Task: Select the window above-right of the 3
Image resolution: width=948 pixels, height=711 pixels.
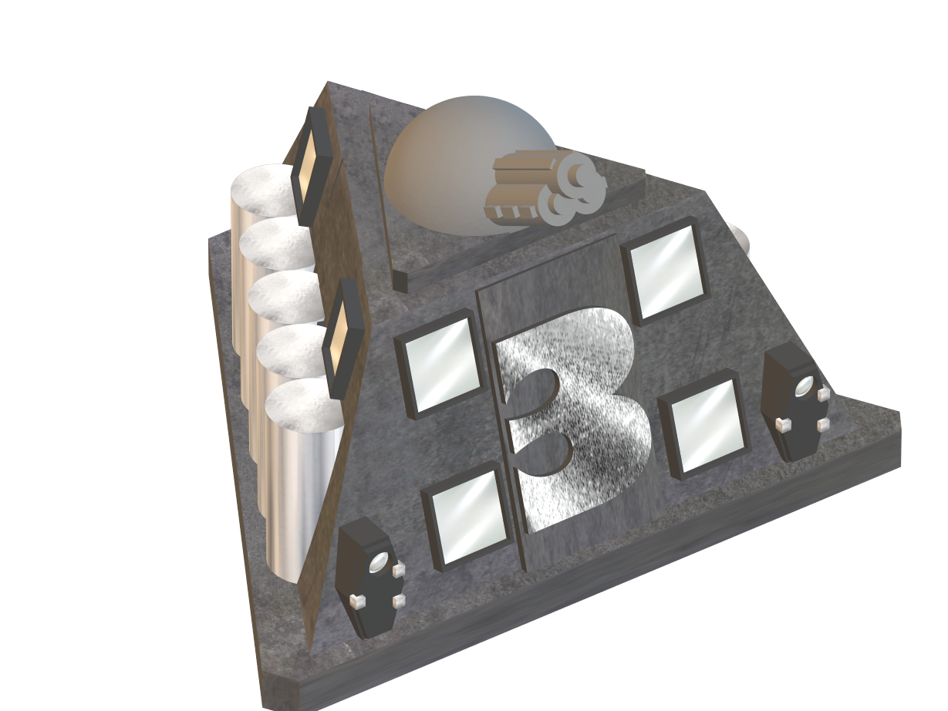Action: pos(664,271)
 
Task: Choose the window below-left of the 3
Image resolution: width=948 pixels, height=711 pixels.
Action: pos(467,516)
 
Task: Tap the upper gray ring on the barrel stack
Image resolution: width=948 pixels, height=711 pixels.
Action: pos(581,177)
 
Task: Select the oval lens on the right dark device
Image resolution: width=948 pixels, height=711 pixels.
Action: pos(805,384)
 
